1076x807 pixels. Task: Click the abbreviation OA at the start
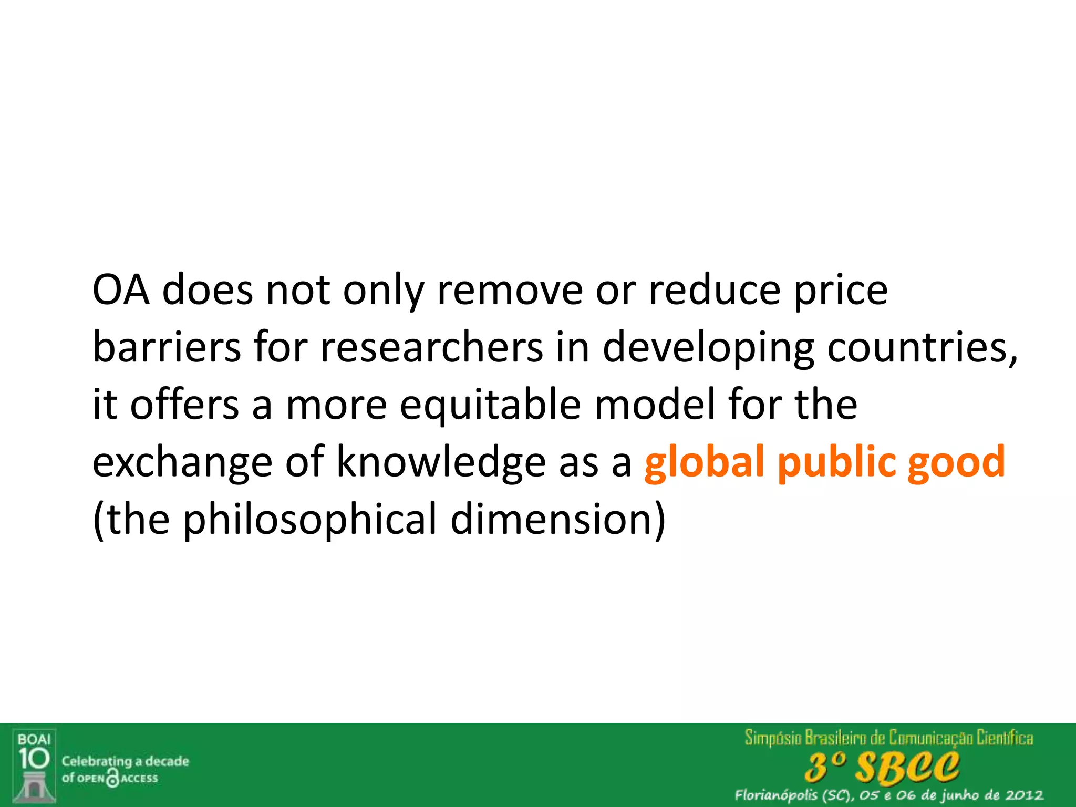(121, 290)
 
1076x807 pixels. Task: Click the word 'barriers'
(167, 347)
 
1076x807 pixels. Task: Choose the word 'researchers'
(431, 347)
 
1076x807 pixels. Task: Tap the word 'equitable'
(490, 406)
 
